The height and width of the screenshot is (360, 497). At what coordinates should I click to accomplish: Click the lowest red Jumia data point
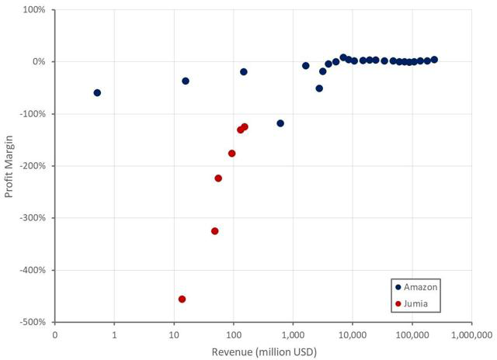pos(182,299)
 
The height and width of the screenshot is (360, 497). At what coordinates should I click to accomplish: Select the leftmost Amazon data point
pos(97,92)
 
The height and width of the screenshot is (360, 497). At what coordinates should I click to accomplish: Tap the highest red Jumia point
pos(244,126)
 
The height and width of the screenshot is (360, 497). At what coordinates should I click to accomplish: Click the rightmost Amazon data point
pos(434,59)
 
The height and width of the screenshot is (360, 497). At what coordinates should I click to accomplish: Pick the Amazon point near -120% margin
pos(280,123)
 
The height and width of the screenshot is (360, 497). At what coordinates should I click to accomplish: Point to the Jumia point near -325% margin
pos(214,231)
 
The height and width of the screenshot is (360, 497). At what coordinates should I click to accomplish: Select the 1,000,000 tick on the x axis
pos(471,336)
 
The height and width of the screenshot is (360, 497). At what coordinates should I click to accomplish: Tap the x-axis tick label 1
pos(114,336)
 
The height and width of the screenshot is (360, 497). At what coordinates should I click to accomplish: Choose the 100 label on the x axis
pos(233,336)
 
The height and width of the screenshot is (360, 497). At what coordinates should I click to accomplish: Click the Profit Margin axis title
pos(9,165)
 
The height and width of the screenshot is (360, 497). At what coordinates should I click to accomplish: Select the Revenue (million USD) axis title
pos(264,351)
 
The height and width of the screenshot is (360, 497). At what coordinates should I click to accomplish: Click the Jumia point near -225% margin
pos(218,178)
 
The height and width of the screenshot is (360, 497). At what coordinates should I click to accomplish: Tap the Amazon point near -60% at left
pos(97,92)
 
